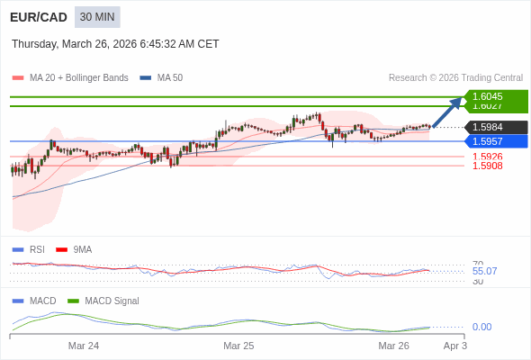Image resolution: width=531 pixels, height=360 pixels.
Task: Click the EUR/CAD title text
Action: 39,17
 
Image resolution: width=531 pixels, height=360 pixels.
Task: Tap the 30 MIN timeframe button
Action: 97,17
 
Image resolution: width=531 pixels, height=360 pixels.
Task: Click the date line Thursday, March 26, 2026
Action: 115,44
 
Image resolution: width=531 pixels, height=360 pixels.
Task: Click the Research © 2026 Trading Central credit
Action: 455,77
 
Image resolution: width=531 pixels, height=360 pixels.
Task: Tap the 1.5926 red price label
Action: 487,157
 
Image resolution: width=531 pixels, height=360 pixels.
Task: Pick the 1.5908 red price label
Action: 487,166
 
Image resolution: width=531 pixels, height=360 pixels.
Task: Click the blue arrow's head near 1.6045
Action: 459,99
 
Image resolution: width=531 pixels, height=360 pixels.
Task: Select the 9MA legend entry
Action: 82,249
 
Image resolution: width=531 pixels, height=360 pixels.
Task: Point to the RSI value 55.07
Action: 484,271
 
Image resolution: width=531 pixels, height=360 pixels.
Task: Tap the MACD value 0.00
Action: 481,327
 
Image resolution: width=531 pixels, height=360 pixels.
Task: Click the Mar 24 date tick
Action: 84,346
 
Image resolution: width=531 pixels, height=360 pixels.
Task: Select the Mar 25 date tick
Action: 238,346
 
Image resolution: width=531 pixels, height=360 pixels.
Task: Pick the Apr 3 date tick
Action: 454,346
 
